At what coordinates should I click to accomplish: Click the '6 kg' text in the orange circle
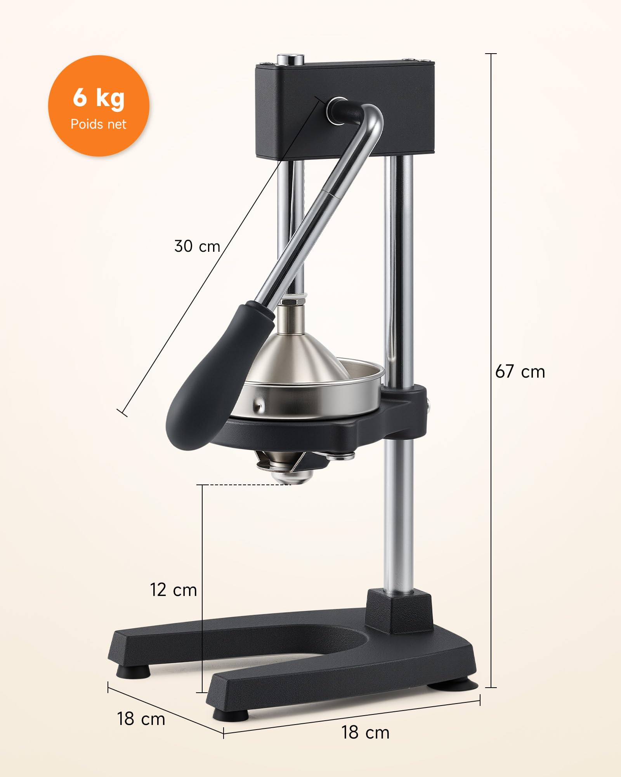(x=99, y=98)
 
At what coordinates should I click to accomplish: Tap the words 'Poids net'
(x=99, y=124)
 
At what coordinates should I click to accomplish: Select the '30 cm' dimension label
(x=197, y=246)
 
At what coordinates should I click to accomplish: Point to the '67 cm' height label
(x=520, y=372)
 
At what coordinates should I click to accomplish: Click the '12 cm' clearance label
(x=173, y=590)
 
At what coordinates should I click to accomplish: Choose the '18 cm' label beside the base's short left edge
(x=141, y=719)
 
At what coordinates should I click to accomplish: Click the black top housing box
(x=345, y=111)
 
